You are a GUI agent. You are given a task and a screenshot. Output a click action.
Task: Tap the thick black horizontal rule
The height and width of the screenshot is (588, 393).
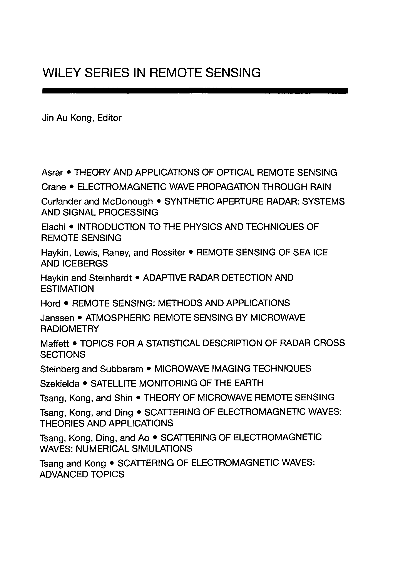195,90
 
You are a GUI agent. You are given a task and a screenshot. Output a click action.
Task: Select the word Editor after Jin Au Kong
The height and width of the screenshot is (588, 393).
109,118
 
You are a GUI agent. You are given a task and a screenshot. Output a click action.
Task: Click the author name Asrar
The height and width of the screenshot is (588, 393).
52,172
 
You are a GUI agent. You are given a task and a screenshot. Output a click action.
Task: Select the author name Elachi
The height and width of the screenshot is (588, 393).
53,227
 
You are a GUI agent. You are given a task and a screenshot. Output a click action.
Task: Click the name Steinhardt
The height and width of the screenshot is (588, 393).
110,278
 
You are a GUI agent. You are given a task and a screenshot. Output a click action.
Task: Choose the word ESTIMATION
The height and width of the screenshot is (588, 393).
67,289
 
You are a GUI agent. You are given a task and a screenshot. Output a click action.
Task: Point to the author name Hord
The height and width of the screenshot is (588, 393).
50,303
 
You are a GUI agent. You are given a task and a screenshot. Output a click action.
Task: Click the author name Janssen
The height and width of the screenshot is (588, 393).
57,318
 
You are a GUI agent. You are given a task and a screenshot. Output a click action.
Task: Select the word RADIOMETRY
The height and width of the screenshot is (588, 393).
70,329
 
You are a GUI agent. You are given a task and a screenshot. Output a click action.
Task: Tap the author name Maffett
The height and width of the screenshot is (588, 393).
54,343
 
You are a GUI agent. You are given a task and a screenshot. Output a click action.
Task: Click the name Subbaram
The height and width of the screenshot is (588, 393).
121,369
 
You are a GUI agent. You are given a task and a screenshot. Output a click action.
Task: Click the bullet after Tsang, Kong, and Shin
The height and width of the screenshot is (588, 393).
138,398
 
